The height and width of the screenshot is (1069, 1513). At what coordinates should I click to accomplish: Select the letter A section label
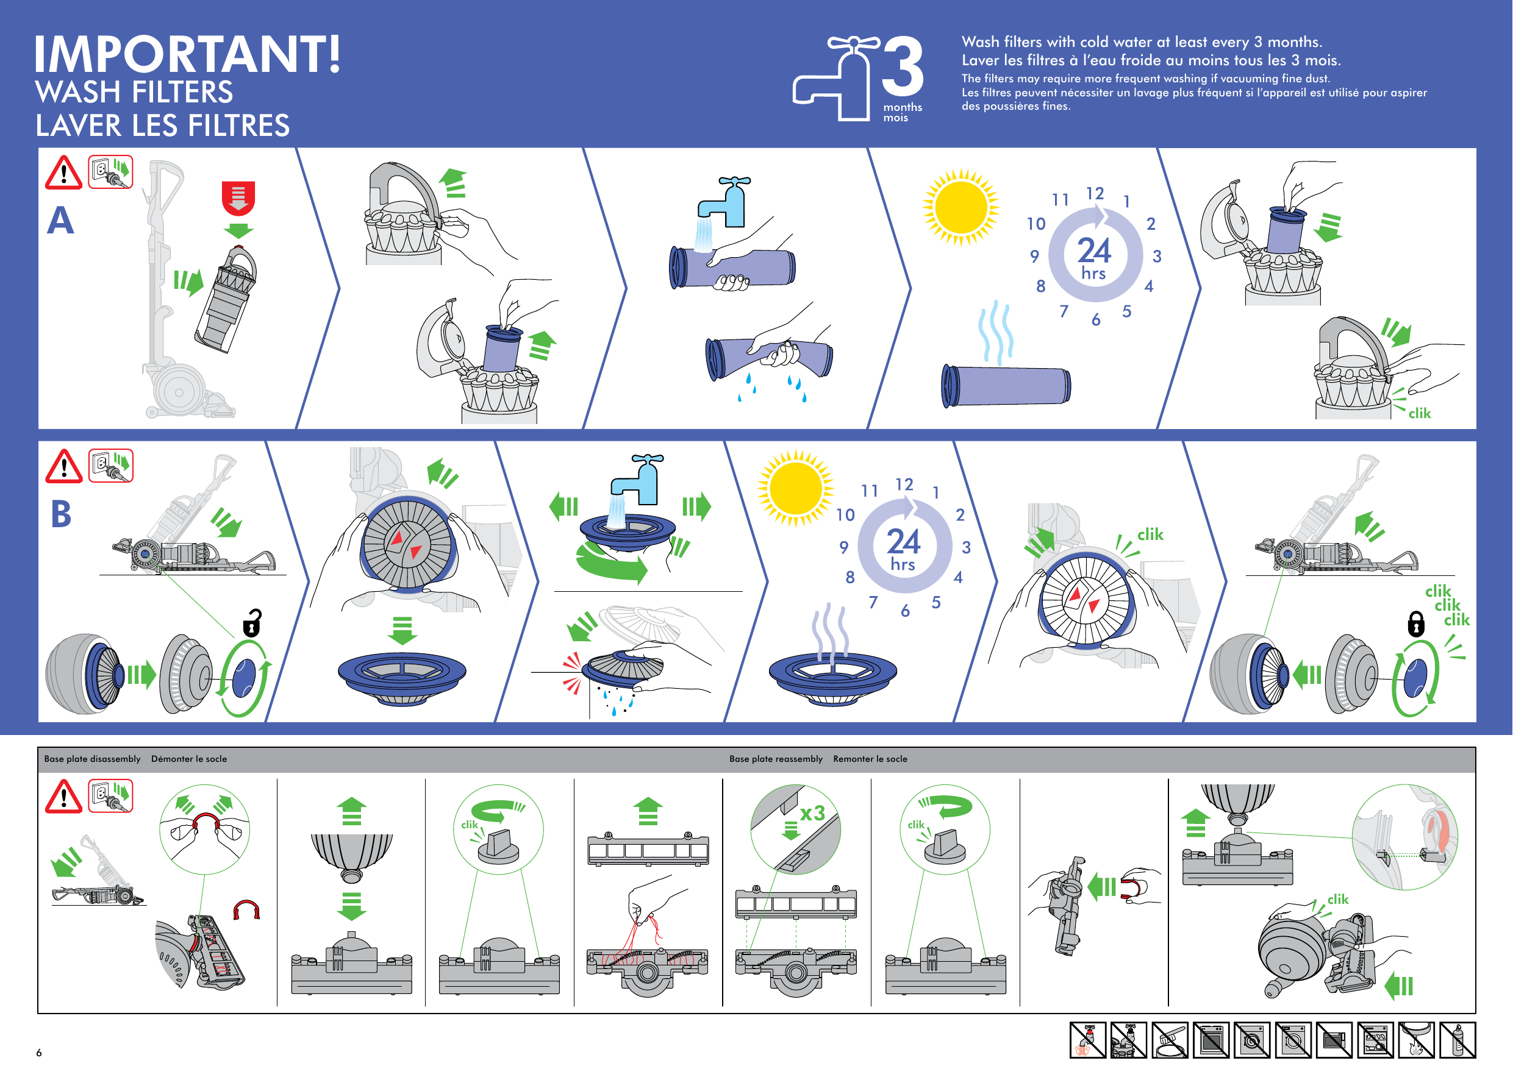[60, 220]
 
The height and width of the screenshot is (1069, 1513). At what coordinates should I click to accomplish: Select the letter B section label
[60, 514]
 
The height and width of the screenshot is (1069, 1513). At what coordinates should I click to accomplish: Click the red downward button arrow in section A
[238, 197]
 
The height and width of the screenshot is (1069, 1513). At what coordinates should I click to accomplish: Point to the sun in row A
[960, 207]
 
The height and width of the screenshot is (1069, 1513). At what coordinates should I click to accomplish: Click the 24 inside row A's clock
[1094, 250]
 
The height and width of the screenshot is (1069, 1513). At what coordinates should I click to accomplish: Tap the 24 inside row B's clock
[903, 541]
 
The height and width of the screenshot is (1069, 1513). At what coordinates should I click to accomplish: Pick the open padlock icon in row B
[252, 623]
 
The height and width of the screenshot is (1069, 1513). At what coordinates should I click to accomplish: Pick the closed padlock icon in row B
[1415, 623]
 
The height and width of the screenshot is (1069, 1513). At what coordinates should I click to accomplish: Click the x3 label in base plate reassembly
[812, 813]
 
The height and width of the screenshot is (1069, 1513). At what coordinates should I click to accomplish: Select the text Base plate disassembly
[92, 759]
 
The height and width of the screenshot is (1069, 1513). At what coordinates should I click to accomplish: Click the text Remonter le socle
[870, 759]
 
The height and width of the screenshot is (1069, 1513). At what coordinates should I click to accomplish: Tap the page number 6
[39, 1052]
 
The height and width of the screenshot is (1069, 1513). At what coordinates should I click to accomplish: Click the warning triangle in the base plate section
[63, 798]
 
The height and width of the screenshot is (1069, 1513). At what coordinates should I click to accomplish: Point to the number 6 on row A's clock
[1096, 320]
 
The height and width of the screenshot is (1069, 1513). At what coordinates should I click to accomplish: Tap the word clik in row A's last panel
[1420, 413]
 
